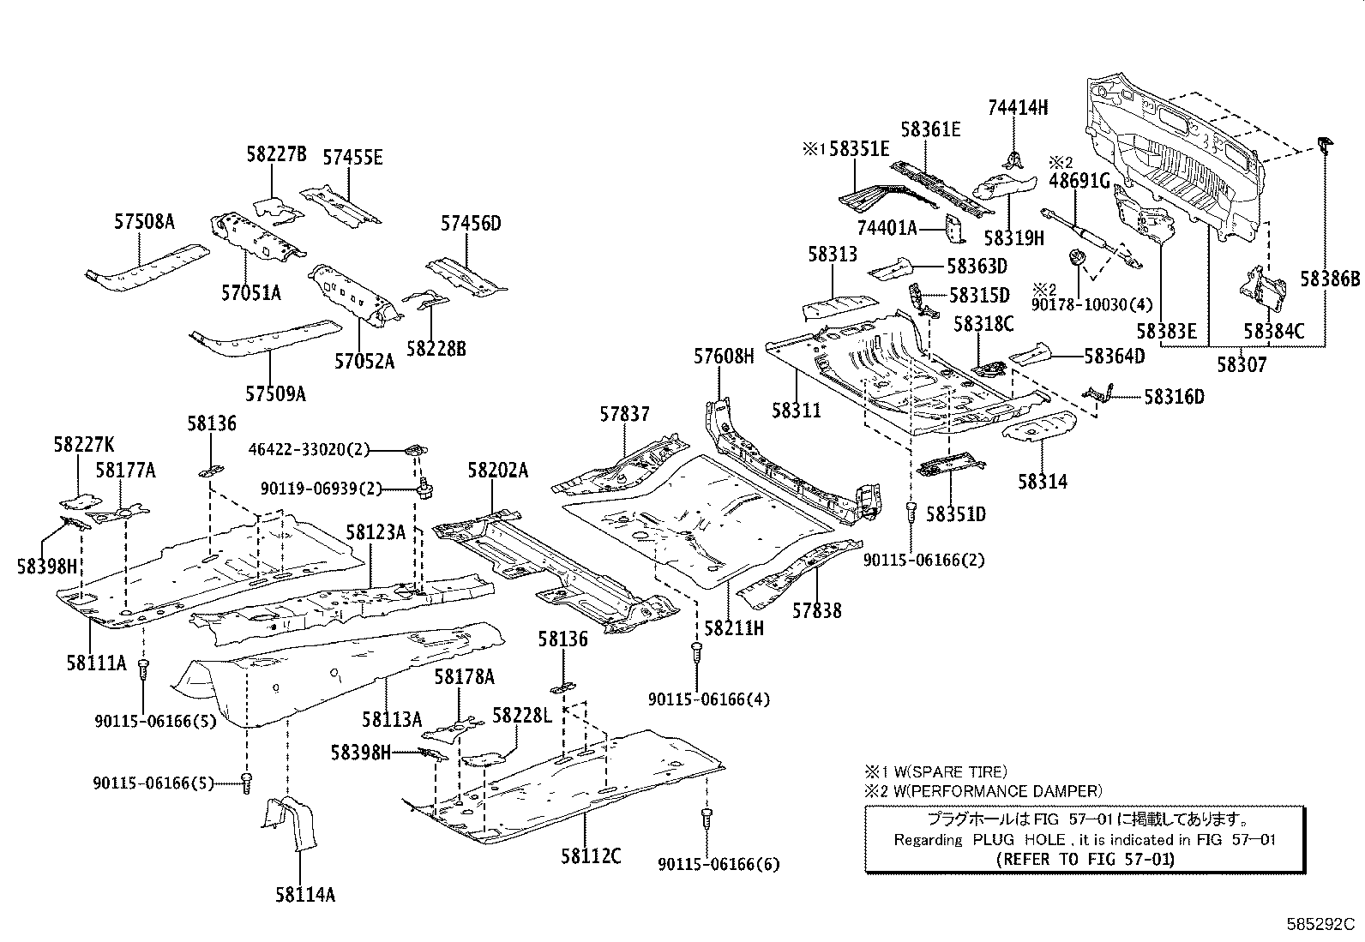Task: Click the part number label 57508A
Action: pos(144,222)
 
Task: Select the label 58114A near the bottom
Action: pos(304,895)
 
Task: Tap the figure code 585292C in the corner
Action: pos(1319,925)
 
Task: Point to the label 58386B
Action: pos(1330,279)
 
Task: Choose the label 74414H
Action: pos(1018,108)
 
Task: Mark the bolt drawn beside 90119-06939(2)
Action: pos(425,490)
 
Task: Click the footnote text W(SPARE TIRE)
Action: pos(947,771)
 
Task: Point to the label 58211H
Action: pos(733,627)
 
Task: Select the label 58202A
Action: pos(497,471)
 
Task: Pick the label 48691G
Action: pos(1079,181)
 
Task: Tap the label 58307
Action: pos(1241,364)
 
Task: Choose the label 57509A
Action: pos(275,393)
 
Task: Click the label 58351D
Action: pos(956,514)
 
